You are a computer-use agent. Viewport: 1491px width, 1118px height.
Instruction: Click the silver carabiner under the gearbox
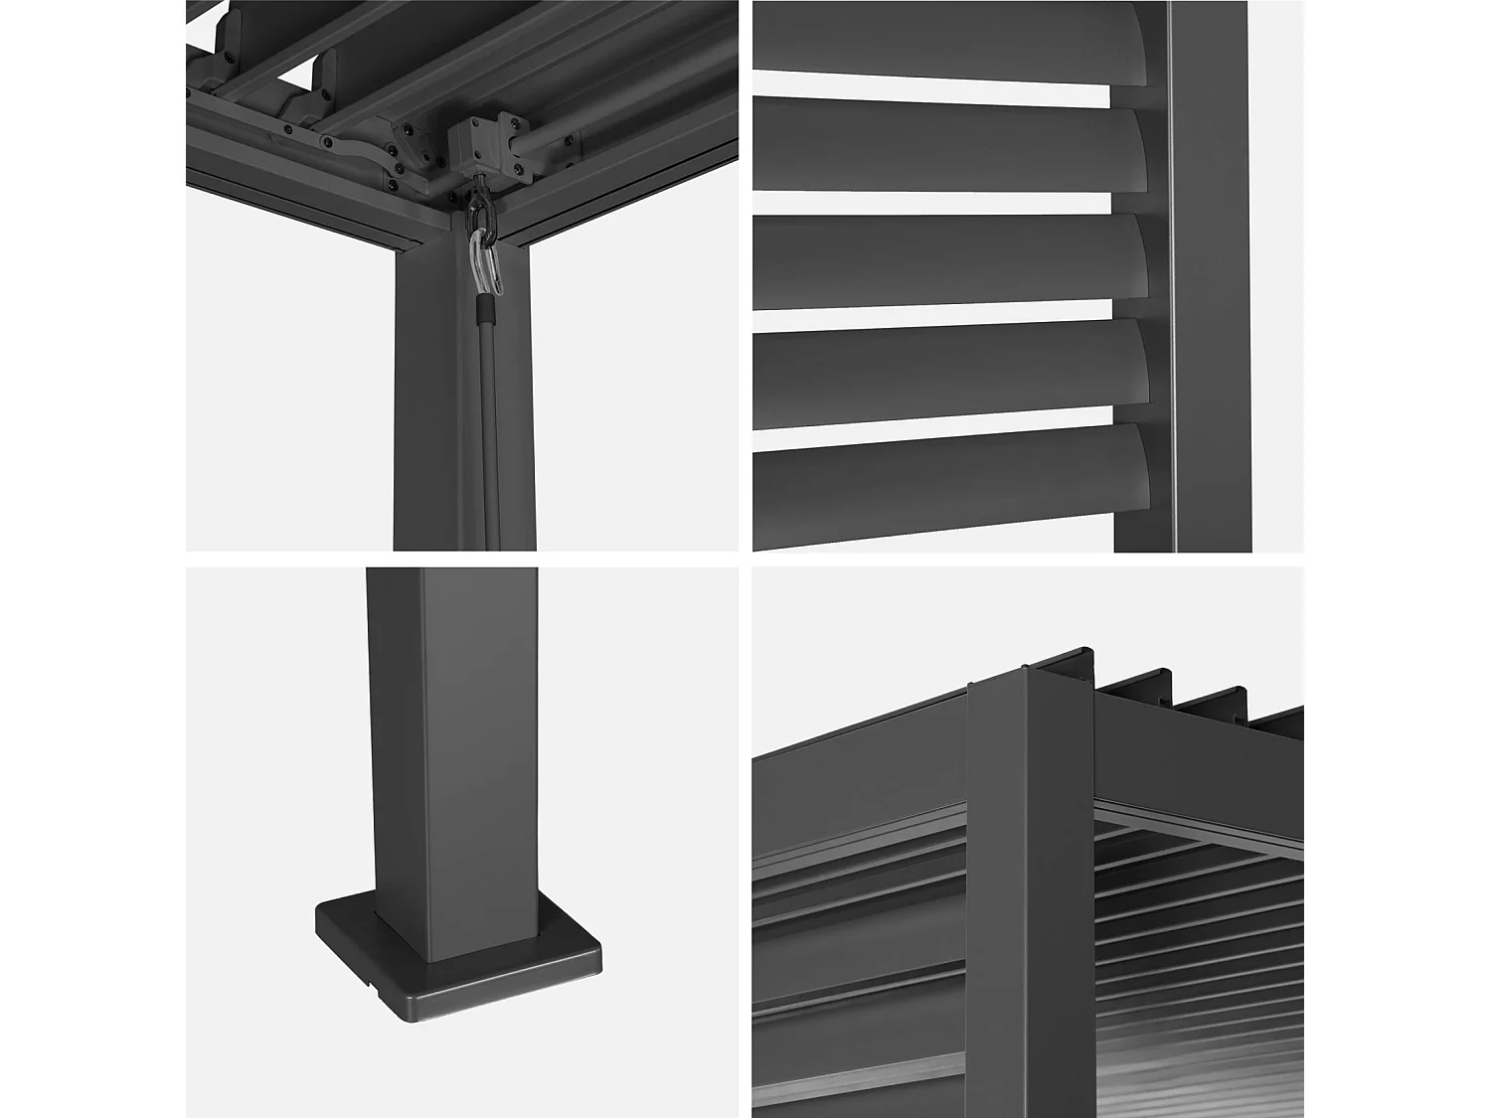pyautogui.click(x=485, y=260)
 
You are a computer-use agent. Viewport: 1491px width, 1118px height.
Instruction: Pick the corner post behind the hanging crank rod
pyautogui.click(x=437, y=417)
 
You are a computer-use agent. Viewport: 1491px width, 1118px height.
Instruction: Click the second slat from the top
pyautogui.click(x=944, y=149)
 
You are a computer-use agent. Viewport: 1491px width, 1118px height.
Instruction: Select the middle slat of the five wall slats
pyautogui.click(x=944, y=260)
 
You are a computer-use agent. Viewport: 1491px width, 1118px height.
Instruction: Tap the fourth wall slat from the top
pyautogui.click(x=944, y=368)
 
